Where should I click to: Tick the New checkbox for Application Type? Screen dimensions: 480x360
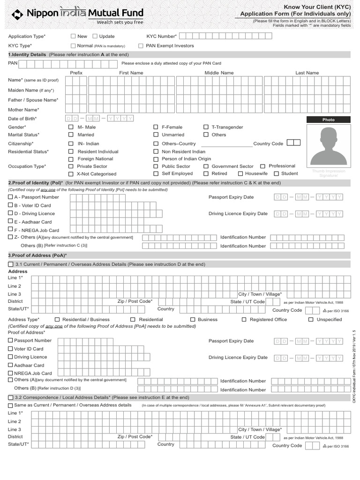click(x=73, y=36)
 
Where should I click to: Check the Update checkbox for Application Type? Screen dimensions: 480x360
click(x=95, y=36)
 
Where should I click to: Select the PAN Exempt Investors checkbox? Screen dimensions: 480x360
click(x=141, y=46)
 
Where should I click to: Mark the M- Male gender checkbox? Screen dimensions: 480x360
click(x=71, y=127)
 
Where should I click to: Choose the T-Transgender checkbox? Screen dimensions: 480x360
click(x=206, y=127)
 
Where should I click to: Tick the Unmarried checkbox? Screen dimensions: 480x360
click(x=156, y=135)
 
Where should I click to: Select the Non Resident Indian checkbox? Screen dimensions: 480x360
click(x=156, y=152)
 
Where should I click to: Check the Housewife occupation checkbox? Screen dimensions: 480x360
click(x=240, y=173)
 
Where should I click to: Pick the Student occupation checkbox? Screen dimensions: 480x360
click(x=276, y=173)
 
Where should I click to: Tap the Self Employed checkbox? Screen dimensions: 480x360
click(x=156, y=173)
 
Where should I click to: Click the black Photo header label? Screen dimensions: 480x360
click(x=328, y=120)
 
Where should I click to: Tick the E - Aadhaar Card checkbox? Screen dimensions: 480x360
click(x=11, y=222)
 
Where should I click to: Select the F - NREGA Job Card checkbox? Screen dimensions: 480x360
click(x=11, y=230)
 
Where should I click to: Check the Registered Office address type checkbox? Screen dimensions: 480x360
click(x=244, y=320)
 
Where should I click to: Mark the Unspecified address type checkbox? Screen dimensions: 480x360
click(x=311, y=320)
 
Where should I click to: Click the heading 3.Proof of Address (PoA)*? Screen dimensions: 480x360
click(x=37, y=255)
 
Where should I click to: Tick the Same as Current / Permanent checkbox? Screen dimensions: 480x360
click(x=11, y=405)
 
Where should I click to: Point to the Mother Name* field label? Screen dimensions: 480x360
click(x=23, y=110)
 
